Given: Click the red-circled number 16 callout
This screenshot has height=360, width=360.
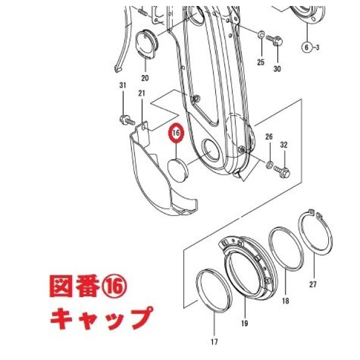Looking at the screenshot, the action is (176, 133).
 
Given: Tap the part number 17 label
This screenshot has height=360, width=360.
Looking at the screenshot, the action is (214, 342).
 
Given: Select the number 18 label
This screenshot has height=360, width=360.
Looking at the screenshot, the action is (286, 301).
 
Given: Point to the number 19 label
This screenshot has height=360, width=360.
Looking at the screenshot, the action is (245, 323).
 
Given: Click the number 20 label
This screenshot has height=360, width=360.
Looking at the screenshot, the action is (145, 78).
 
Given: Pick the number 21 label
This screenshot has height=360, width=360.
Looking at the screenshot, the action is (142, 93).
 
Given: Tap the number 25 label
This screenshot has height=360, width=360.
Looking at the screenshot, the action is (261, 62).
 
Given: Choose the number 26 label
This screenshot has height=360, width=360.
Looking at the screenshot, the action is (269, 137).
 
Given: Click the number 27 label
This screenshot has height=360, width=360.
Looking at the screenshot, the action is (313, 284).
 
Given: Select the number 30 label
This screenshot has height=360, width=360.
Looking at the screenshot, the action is (277, 68).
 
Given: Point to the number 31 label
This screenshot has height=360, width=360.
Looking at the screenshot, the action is (123, 85).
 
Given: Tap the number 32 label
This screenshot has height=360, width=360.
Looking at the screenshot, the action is (284, 145).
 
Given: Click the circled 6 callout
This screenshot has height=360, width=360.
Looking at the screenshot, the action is (307, 47).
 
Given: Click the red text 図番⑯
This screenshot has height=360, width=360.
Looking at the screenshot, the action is (88, 286).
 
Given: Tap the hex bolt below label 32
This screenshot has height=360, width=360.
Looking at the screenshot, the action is (282, 172).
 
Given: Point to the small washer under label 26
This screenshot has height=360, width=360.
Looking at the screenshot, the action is (269, 164).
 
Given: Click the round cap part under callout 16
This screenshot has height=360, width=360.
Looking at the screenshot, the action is (178, 170).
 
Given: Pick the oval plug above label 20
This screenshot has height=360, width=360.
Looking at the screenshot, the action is (146, 44).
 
